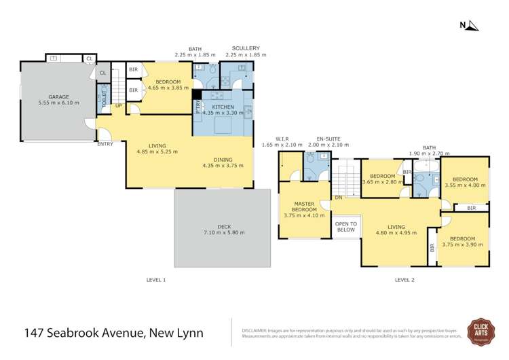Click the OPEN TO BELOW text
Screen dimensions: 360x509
(x=346, y=227)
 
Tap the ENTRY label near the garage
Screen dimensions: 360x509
(x=105, y=144)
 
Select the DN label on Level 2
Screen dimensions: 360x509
(x=338, y=198)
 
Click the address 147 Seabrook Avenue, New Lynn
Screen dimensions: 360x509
(x=113, y=333)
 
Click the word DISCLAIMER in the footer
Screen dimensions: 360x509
(x=257, y=329)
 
